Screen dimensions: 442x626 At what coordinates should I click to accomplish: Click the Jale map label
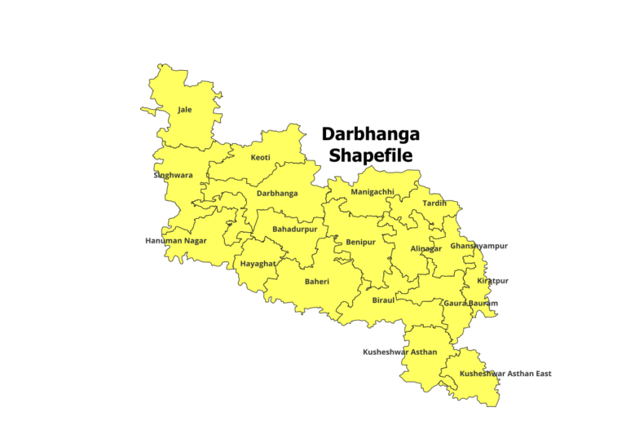click(185, 109)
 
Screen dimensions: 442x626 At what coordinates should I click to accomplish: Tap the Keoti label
click(261, 157)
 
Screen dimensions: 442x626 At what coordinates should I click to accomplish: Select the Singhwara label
click(174, 175)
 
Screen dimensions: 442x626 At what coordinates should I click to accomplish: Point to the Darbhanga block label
click(277, 194)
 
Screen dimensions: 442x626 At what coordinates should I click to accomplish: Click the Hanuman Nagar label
click(176, 241)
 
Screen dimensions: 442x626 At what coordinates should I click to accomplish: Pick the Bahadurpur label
click(295, 230)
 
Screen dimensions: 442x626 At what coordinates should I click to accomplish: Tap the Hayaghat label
click(258, 264)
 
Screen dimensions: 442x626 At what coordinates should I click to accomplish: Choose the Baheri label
click(317, 282)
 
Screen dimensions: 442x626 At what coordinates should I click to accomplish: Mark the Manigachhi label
click(373, 192)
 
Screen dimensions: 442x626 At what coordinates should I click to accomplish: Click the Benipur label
click(360, 242)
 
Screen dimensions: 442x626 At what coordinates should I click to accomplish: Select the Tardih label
click(434, 203)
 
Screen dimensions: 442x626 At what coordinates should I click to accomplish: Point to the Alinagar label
click(425, 248)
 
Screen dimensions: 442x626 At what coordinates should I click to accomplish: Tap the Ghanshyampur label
click(479, 246)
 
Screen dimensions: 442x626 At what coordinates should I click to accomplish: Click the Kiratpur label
click(492, 281)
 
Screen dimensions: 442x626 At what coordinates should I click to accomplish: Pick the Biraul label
click(383, 300)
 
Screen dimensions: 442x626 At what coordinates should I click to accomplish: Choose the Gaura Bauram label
click(470, 304)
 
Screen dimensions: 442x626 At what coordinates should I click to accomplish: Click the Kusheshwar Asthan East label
click(505, 374)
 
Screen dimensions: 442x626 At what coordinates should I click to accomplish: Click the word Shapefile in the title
click(371, 155)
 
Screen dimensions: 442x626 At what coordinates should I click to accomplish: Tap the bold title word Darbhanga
click(371, 133)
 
